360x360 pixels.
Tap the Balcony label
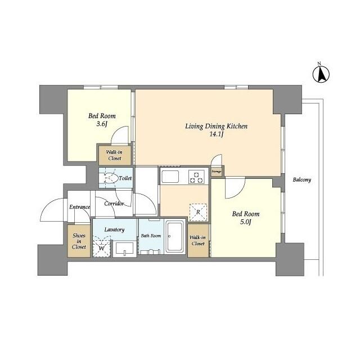[x=301, y=180]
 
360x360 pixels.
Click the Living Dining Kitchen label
[x=217, y=126]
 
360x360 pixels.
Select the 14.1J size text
[x=217, y=135]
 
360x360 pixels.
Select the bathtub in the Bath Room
[x=175, y=237]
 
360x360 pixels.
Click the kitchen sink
[x=170, y=177]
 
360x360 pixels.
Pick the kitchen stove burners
[x=196, y=177]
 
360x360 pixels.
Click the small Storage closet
[x=217, y=171]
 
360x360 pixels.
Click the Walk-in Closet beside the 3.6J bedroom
[x=115, y=155]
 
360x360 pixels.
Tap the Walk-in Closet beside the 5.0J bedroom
[x=198, y=240]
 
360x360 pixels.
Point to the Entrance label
[x=79, y=207]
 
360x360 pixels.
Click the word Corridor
[x=114, y=204]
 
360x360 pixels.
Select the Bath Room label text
[x=151, y=236]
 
